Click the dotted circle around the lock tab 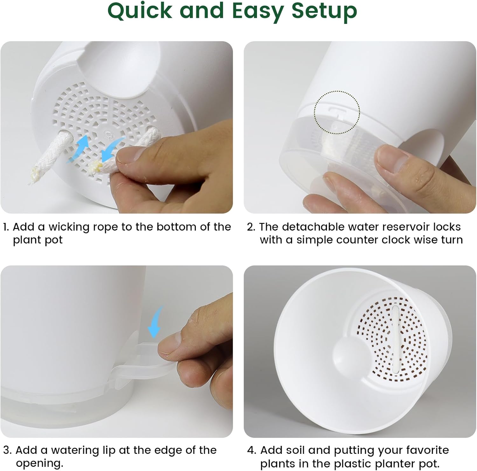[x=337, y=112]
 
